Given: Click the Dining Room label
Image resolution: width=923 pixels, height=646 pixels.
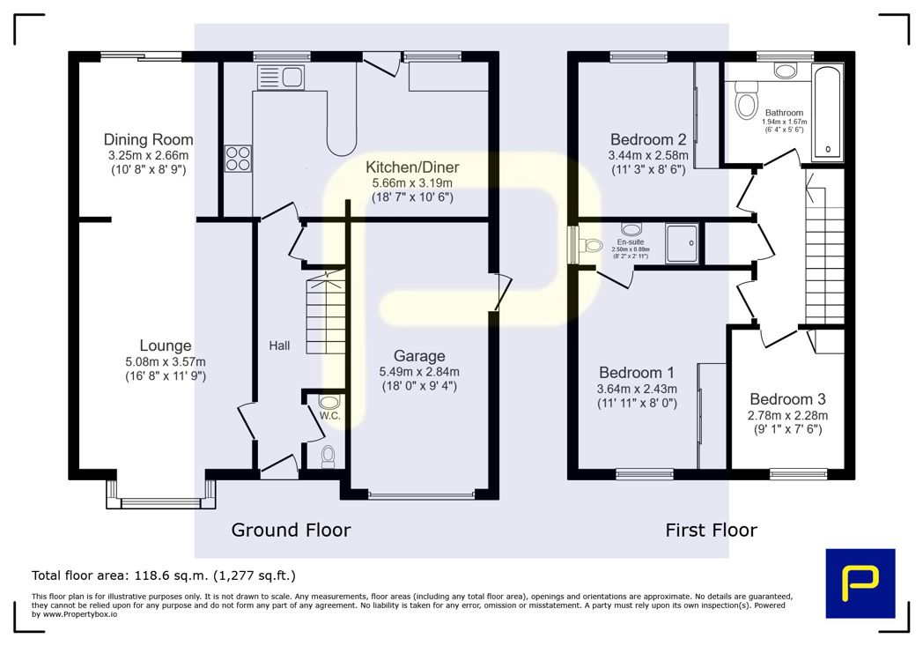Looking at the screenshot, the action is (x=148, y=139).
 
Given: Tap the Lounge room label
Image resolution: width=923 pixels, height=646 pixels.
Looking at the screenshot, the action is (x=166, y=345).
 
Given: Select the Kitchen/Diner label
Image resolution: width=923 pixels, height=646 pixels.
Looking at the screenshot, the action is (x=412, y=167).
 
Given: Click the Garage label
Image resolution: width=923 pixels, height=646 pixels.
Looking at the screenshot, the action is (x=419, y=356).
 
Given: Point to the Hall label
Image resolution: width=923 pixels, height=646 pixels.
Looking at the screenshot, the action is (x=279, y=345).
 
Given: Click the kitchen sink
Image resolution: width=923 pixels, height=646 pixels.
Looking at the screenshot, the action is (x=281, y=78).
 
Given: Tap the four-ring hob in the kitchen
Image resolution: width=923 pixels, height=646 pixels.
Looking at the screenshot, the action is (x=238, y=159).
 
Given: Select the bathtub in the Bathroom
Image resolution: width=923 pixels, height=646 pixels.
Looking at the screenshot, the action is (x=828, y=113).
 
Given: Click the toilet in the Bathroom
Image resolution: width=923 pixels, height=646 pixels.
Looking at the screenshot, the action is (x=746, y=100).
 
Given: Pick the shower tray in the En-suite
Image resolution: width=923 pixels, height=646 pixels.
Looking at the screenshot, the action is (x=683, y=243).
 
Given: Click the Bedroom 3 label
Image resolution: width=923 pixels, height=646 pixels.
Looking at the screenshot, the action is (x=787, y=399).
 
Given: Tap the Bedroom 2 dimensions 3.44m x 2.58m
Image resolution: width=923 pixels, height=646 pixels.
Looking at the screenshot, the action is (x=648, y=156).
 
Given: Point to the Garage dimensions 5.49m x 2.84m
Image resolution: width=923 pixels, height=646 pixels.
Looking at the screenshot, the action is (x=419, y=372).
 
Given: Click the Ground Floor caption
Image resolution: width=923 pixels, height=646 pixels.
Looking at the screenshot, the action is (x=291, y=530).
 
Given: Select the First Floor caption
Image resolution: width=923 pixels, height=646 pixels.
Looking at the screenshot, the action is (x=711, y=530).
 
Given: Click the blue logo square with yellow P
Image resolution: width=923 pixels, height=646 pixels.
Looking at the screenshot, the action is (x=860, y=583).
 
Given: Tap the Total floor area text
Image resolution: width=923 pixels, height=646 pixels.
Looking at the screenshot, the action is (x=164, y=575).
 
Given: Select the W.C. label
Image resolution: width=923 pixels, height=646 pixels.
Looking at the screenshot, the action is (x=329, y=416).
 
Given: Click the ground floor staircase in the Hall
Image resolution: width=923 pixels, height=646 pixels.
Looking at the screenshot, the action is (x=326, y=312).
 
